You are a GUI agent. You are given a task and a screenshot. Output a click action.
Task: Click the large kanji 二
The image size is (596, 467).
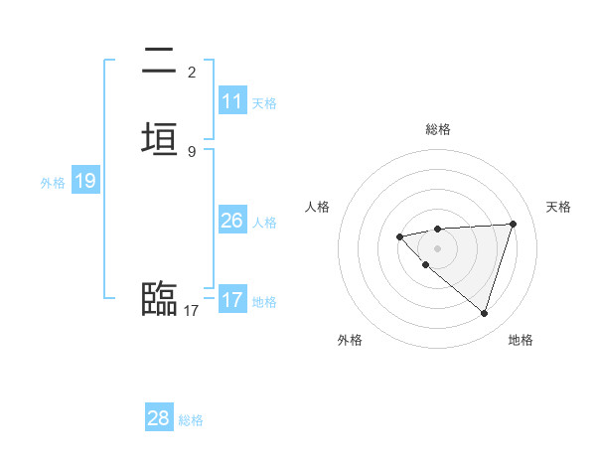point(160,63)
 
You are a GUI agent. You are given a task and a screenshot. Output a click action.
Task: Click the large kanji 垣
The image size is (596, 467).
point(160,138)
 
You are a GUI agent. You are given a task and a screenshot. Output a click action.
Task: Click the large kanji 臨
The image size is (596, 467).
point(160,297)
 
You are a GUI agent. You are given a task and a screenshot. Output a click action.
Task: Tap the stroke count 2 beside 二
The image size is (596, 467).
point(192,73)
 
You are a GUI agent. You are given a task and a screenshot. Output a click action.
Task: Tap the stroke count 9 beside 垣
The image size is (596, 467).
point(192,151)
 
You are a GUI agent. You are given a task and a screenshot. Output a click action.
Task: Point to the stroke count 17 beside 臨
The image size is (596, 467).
point(192,311)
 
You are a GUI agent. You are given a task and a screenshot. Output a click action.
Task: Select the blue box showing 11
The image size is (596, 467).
point(232,101)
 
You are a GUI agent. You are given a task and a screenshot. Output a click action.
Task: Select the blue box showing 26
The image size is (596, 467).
point(232,221)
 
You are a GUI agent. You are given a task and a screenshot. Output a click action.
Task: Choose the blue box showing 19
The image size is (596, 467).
point(85,181)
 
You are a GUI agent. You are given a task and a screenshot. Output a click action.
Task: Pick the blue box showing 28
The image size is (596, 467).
point(159,418)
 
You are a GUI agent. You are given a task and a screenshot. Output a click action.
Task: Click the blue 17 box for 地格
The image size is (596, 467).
point(232,300)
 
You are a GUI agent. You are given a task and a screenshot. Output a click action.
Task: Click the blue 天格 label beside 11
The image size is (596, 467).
point(264,102)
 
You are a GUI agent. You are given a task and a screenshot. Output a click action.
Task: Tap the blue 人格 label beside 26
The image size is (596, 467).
point(264,222)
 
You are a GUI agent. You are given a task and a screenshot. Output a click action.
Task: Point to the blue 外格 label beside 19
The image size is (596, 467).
point(53,182)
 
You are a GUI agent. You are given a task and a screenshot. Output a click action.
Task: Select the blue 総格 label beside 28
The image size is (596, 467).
point(191,419)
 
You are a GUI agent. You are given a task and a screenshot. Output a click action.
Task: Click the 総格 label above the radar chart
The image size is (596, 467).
point(438,129)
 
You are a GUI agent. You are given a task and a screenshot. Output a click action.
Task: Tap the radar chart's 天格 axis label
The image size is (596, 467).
point(559,207)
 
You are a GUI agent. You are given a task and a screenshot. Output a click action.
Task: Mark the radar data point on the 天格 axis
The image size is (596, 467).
point(513,224)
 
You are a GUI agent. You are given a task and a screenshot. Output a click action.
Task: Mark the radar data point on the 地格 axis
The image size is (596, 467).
point(484,313)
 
